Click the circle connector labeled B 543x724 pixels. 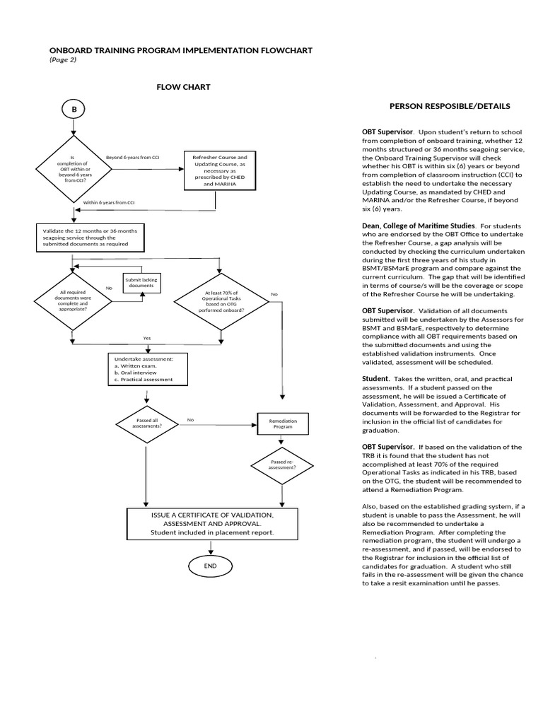(x=74, y=110)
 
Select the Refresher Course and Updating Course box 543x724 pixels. (x=215, y=170)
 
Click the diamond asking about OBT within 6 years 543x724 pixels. (x=71, y=170)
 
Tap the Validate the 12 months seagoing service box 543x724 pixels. (x=90, y=238)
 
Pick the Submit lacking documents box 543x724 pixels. (x=141, y=283)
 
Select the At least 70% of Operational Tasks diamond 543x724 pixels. (x=220, y=302)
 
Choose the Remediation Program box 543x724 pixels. (x=283, y=424)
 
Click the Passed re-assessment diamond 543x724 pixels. (x=283, y=464)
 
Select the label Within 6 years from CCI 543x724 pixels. (x=109, y=203)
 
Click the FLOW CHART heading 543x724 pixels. (x=183, y=87)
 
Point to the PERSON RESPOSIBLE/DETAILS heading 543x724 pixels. (x=450, y=106)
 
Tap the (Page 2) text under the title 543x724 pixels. (x=63, y=60)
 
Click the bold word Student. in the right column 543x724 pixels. (x=376, y=379)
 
